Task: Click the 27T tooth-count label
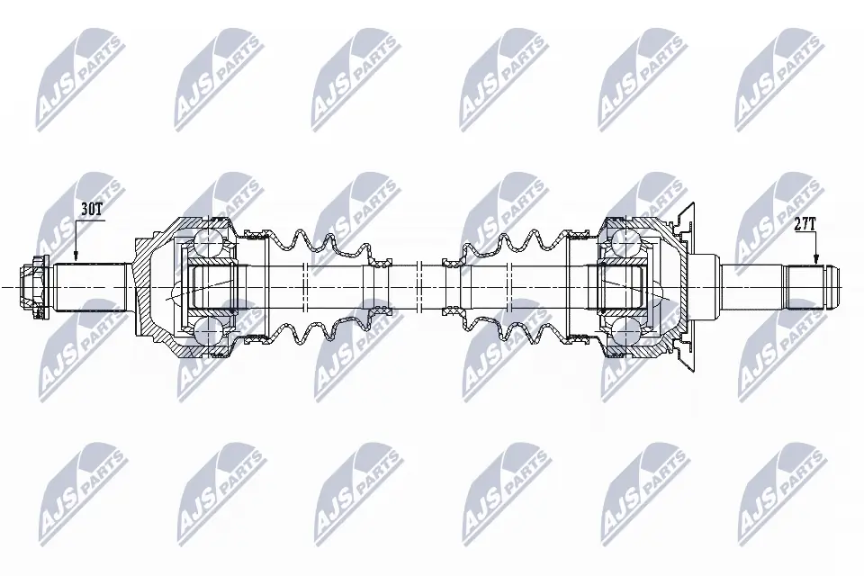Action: click(x=805, y=225)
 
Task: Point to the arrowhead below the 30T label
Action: click(x=76, y=258)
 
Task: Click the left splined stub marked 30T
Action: click(x=90, y=287)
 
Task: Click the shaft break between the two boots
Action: click(x=431, y=287)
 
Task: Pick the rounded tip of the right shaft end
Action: click(x=834, y=287)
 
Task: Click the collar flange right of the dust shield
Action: click(x=706, y=287)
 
